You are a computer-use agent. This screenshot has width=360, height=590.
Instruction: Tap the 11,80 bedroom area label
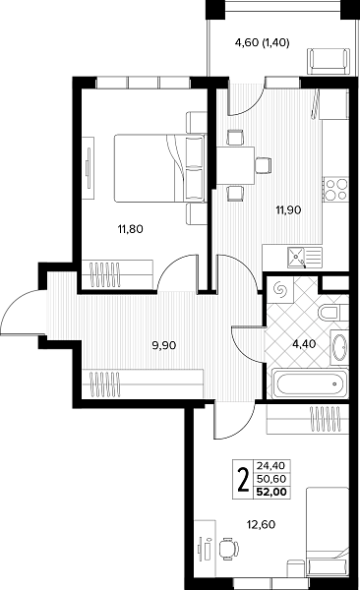tap(130, 229)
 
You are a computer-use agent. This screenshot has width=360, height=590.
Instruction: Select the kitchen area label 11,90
tap(288, 210)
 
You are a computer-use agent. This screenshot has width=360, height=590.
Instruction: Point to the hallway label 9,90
tap(164, 345)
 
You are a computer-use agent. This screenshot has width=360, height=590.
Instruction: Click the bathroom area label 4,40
tap(304, 343)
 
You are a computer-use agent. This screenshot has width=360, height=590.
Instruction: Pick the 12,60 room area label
tap(261, 524)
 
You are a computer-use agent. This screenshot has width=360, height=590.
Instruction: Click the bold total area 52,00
tap(271, 492)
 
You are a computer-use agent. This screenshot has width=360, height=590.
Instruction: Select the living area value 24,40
tap(271, 466)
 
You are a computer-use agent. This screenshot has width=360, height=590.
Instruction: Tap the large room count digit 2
tap(244, 479)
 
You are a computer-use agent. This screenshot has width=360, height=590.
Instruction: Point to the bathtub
tap(309, 383)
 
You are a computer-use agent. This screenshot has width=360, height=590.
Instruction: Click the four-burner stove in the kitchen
tap(335, 189)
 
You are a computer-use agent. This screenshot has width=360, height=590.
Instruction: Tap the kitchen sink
tap(305, 257)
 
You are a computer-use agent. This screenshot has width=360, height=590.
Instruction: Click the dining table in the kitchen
tap(235, 165)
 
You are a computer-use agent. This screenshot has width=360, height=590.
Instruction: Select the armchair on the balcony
tap(328, 61)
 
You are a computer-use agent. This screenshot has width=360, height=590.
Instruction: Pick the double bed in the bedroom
tap(160, 168)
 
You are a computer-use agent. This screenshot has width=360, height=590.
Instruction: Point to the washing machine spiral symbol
tap(280, 289)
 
